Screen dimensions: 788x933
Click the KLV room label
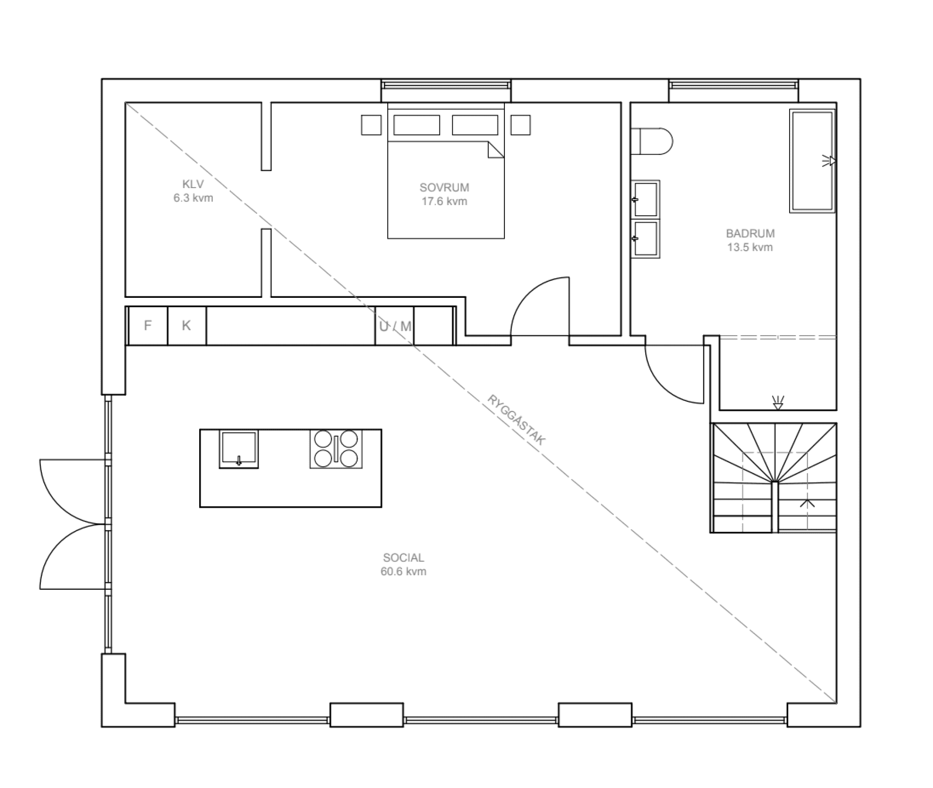point(193,191)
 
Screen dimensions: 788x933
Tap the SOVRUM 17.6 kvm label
point(444,194)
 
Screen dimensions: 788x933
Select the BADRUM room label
point(750,240)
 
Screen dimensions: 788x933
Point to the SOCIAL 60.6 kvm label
point(403,565)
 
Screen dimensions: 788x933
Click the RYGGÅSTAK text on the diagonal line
point(517,420)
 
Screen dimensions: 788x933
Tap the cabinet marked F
point(148,325)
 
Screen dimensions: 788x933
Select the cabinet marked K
point(187,325)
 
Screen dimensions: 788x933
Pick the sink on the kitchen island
point(239,448)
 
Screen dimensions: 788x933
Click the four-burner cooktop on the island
point(336,449)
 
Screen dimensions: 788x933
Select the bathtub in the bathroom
point(812,161)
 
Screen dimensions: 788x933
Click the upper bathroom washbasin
point(646,199)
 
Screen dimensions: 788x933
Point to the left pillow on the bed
point(416,125)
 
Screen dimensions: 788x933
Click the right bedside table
point(520,125)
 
